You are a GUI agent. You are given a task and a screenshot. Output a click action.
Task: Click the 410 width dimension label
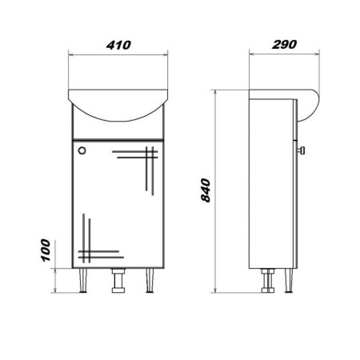(x=118, y=45)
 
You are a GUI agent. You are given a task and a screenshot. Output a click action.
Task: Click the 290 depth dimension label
(x=284, y=44)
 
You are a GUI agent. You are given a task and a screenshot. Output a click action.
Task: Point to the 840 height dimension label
(x=206, y=190)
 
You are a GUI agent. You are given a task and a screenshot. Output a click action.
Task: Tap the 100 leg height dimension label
(x=45, y=250)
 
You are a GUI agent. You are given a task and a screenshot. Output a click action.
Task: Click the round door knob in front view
(x=82, y=150)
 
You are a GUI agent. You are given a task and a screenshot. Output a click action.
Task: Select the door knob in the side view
(x=302, y=150)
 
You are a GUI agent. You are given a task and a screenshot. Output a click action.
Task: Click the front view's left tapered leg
(x=83, y=281)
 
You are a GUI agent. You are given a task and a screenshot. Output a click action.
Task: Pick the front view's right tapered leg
(x=150, y=281)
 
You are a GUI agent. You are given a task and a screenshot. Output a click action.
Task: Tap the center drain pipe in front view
(x=118, y=281)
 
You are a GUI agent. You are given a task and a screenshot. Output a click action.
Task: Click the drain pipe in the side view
(x=268, y=281)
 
